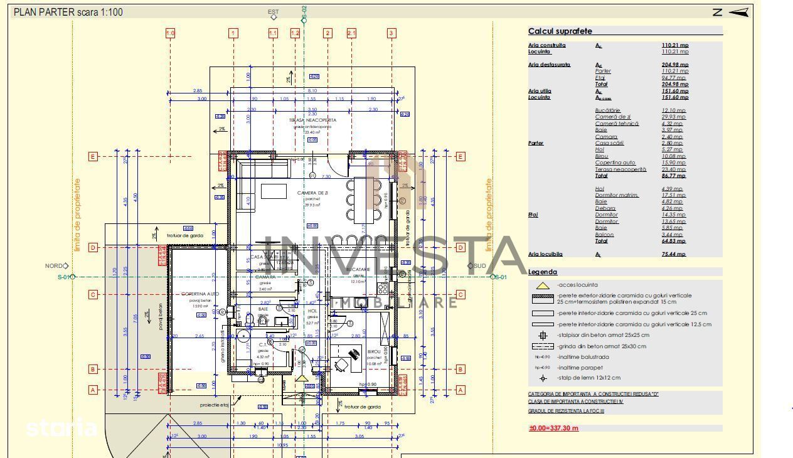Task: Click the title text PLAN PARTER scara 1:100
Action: [x=68, y=12]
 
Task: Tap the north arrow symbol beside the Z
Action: [x=740, y=12]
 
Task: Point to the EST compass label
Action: [x=273, y=12]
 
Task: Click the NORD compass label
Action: [x=53, y=266]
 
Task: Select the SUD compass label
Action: [x=480, y=266]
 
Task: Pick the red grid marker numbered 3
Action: [x=391, y=33]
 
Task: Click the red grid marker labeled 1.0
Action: [x=170, y=33]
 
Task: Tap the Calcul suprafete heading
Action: [x=560, y=31]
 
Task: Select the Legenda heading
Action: [x=543, y=272]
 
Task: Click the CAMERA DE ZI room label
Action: [x=312, y=193]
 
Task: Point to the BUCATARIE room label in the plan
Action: [x=358, y=269]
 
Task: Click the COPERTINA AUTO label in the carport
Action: [x=200, y=294]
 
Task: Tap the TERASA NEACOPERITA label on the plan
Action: [x=312, y=120]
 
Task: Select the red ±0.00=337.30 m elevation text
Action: [x=553, y=429]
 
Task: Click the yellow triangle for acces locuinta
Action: [x=543, y=285]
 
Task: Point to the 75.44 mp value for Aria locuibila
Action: [x=674, y=254]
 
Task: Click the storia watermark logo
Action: [x=61, y=429]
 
